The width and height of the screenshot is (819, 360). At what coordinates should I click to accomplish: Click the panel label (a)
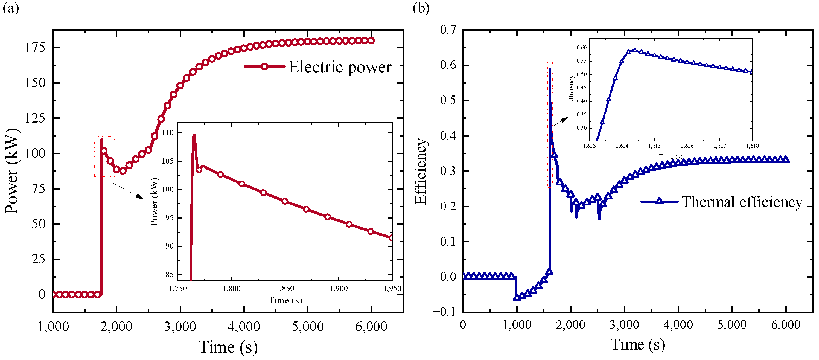click(10, 8)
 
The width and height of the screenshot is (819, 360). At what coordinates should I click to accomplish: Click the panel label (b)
click(421, 8)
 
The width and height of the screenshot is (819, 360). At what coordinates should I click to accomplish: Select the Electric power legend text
click(340, 67)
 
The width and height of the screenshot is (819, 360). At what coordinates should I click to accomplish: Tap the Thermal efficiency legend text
click(742, 202)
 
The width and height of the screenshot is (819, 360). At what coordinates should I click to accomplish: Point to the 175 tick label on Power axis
click(35, 48)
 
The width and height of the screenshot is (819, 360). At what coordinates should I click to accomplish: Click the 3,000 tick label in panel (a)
click(180, 326)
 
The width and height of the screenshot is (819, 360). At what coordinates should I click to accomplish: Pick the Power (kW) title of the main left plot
click(12, 171)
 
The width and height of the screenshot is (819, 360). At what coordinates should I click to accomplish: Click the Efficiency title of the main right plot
click(421, 171)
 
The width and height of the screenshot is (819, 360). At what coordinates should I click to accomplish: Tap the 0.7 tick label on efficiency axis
click(448, 30)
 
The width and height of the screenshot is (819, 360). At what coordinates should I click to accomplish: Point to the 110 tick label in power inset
click(168, 133)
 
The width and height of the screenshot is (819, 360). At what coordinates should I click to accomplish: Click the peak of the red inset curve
click(194, 135)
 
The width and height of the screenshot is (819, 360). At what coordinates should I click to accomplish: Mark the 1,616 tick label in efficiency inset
click(687, 146)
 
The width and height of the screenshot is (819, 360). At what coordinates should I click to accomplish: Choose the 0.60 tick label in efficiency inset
click(581, 47)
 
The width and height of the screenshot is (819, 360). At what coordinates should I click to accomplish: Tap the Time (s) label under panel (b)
click(637, 345)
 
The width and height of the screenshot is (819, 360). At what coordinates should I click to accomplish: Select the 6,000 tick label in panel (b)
click(786, 325)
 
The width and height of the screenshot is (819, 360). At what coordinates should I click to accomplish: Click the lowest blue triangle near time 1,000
click(517, 298)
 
